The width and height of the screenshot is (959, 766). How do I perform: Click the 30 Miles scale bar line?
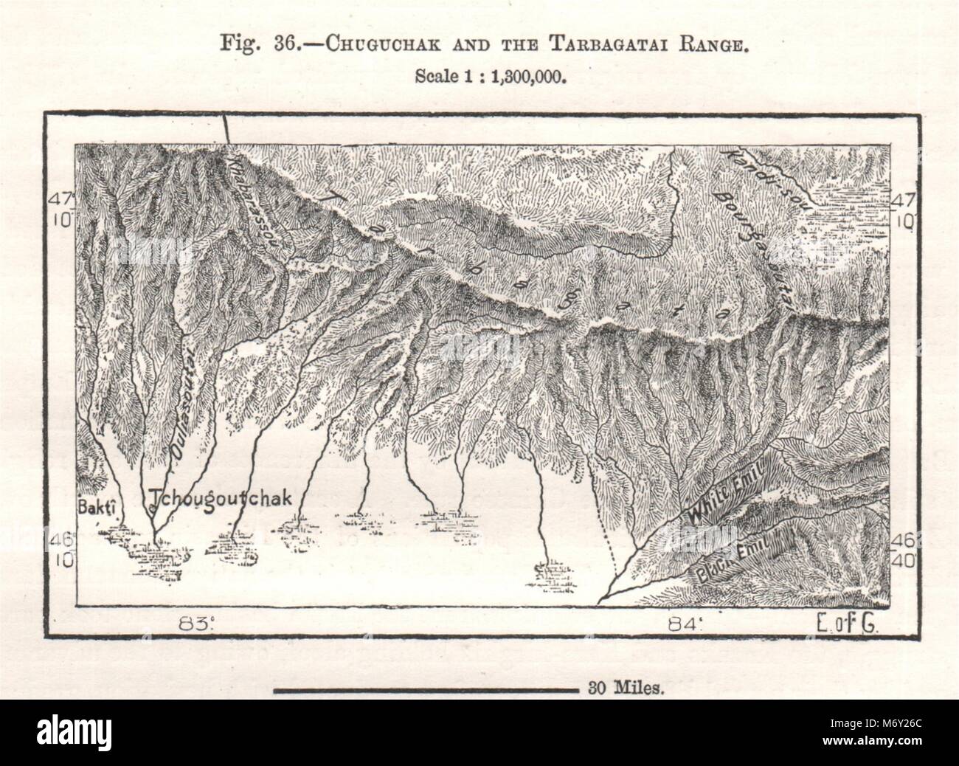[x=425, y=691]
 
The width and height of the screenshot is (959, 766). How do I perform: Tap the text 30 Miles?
[x=626, y=690]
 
